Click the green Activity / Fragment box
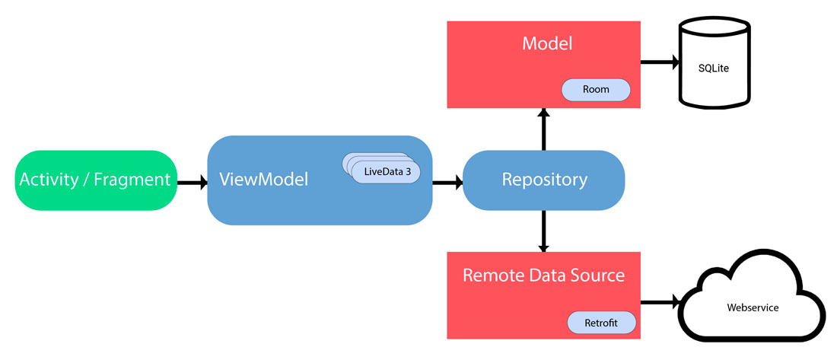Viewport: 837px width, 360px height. point(96,180)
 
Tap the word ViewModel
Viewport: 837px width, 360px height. point(263,180)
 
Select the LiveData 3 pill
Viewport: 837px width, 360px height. point(387,172)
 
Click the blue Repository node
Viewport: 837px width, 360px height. point(544,180)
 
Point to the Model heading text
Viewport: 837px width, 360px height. point(547,43)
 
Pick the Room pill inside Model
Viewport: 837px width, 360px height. point(596,90)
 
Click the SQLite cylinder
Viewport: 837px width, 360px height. point(714,68)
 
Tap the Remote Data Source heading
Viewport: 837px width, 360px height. point(543,275)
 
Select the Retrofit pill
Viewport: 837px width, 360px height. point(601,323)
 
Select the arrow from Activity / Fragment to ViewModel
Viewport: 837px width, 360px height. point(192,181)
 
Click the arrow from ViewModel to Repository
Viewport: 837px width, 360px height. point(447,182)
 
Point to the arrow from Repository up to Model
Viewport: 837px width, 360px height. point(543,129)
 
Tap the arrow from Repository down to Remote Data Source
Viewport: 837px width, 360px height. point(543,231)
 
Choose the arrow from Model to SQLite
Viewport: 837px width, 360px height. point(659,63)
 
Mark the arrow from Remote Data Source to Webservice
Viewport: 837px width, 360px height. point(659,303)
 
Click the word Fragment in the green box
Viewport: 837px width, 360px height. point(135,180)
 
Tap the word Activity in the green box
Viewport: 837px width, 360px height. point(48,180)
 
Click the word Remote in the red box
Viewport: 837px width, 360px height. point(491,275)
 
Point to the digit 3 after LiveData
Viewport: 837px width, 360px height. point(409,172)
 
